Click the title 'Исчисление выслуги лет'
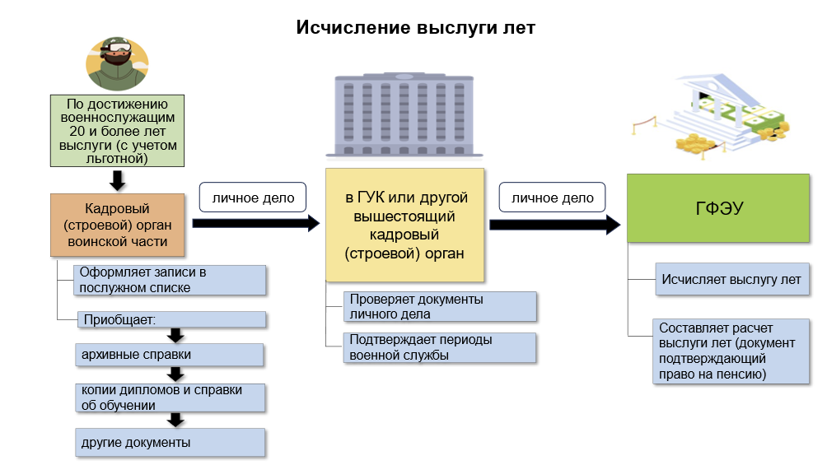416,28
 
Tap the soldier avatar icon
118,64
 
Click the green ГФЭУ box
718,208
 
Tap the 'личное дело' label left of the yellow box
253,198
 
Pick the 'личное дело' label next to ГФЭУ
553,198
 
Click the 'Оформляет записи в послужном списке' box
171,280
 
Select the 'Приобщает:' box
171,319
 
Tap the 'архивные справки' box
169,355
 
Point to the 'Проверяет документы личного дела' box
441,306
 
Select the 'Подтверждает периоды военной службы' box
441,347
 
